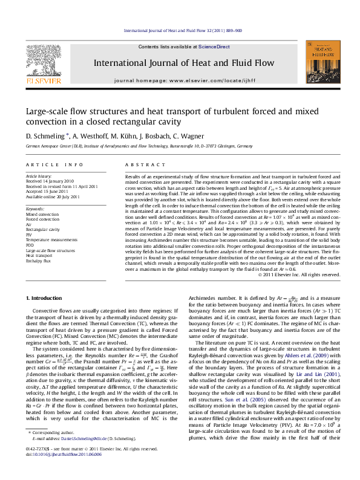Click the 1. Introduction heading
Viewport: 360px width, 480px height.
47,298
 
